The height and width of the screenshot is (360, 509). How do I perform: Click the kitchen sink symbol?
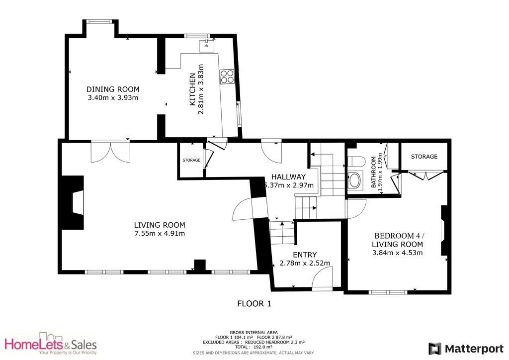click(x=206, y=46)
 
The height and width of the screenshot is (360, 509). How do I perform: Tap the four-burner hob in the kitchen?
click(x=227, y=76)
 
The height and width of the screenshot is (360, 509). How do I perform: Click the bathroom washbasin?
click(x=356, y=180)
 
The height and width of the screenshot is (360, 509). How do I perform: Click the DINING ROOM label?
click(x=113, y=89)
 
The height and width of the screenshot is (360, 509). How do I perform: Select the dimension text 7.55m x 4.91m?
click(x=160, y=234)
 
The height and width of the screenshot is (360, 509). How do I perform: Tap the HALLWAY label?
click(x=288, y=177)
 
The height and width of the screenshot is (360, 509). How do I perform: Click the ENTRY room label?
click(x=305, y=255)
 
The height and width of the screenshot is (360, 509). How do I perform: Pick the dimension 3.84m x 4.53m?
click(x=398, y=253)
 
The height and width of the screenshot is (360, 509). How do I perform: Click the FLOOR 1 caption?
click(x=254, y=303)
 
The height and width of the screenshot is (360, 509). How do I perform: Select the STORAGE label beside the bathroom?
click(x=424, y=157)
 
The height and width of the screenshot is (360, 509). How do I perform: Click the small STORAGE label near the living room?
click(x=191, y=160)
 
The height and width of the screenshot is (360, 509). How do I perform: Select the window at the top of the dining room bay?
click(x=98, y=21)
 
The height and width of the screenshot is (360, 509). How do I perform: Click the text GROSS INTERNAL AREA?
click(x=254, y=332)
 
